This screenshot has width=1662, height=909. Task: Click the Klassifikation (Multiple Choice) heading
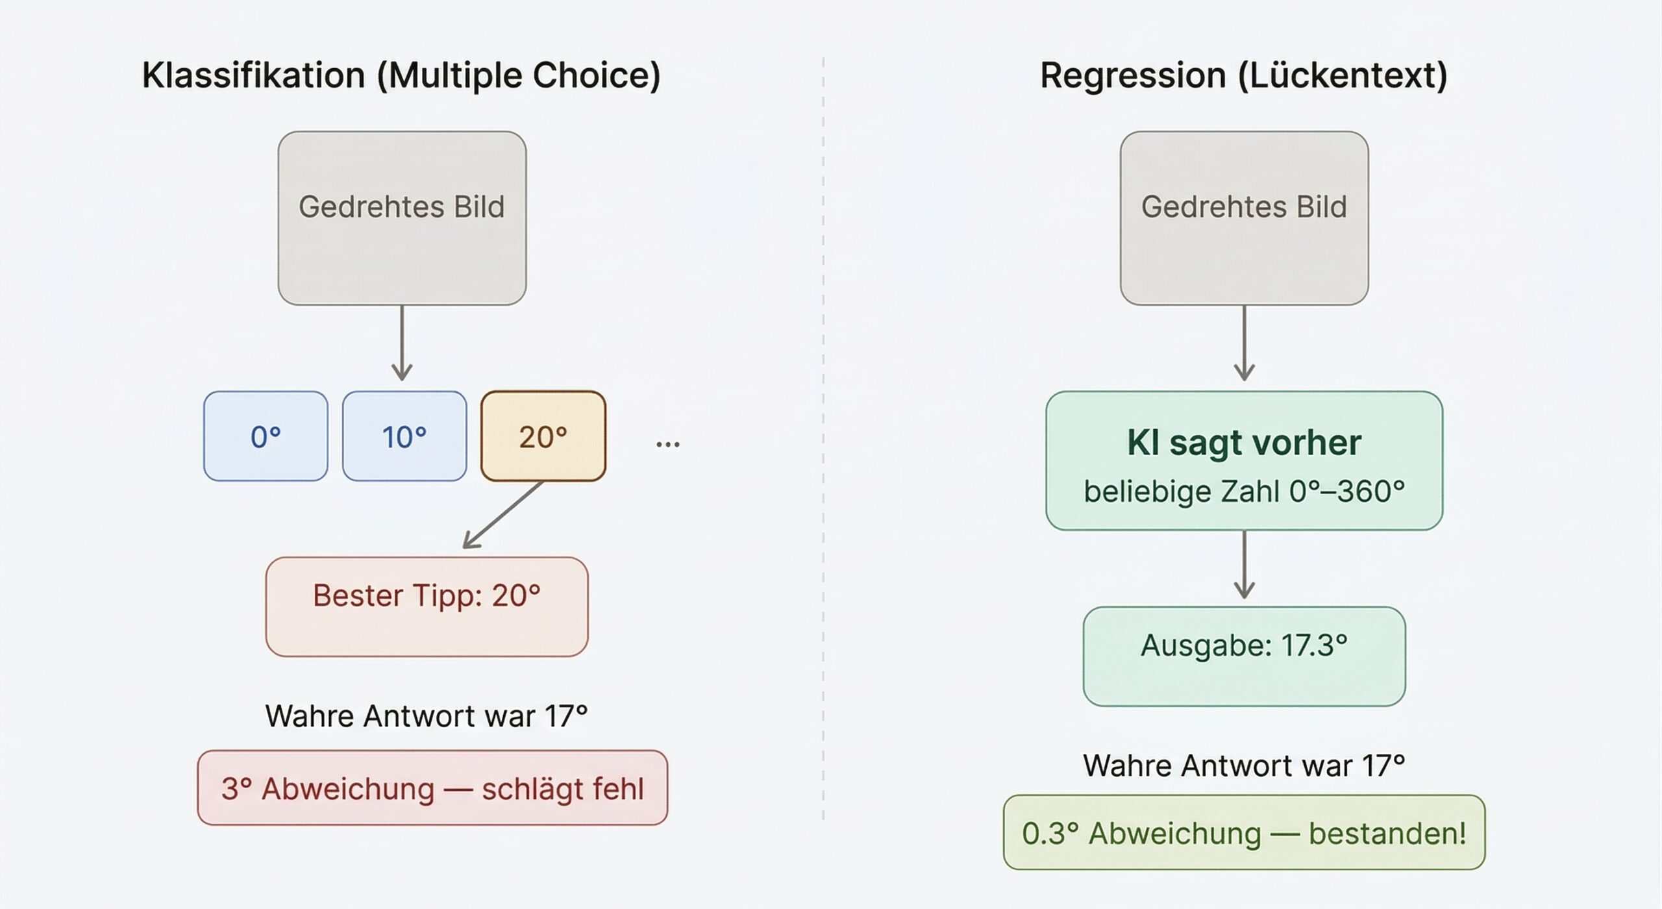pos(401,75)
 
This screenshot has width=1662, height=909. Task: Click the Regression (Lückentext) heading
pos(1243,75)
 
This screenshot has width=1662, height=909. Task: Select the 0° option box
pos(266,436)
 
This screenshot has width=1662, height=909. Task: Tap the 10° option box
pos(404,436)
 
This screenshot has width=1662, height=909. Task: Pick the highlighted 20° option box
pos(543,436)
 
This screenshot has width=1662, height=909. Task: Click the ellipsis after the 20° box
pos(667,444)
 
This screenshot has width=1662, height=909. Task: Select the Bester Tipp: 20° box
pos(427,606)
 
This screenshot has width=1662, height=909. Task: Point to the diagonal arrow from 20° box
pos(504,515)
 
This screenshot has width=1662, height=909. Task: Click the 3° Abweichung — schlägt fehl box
pos(432,788)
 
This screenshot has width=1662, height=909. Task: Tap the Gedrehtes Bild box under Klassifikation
pos(402,218)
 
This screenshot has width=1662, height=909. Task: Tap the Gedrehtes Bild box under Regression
pos(1244,218)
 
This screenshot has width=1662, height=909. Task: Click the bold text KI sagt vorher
pos(1244,443)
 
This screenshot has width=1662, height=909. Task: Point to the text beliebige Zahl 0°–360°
pos(1244,492)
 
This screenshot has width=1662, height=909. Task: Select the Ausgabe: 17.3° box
pos(1244,656)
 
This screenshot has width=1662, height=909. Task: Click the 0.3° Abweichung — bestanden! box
pos(1244,832)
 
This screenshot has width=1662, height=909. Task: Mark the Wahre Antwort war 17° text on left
pos(427,716)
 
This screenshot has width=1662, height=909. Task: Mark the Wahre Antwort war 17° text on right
pos(1244,766)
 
